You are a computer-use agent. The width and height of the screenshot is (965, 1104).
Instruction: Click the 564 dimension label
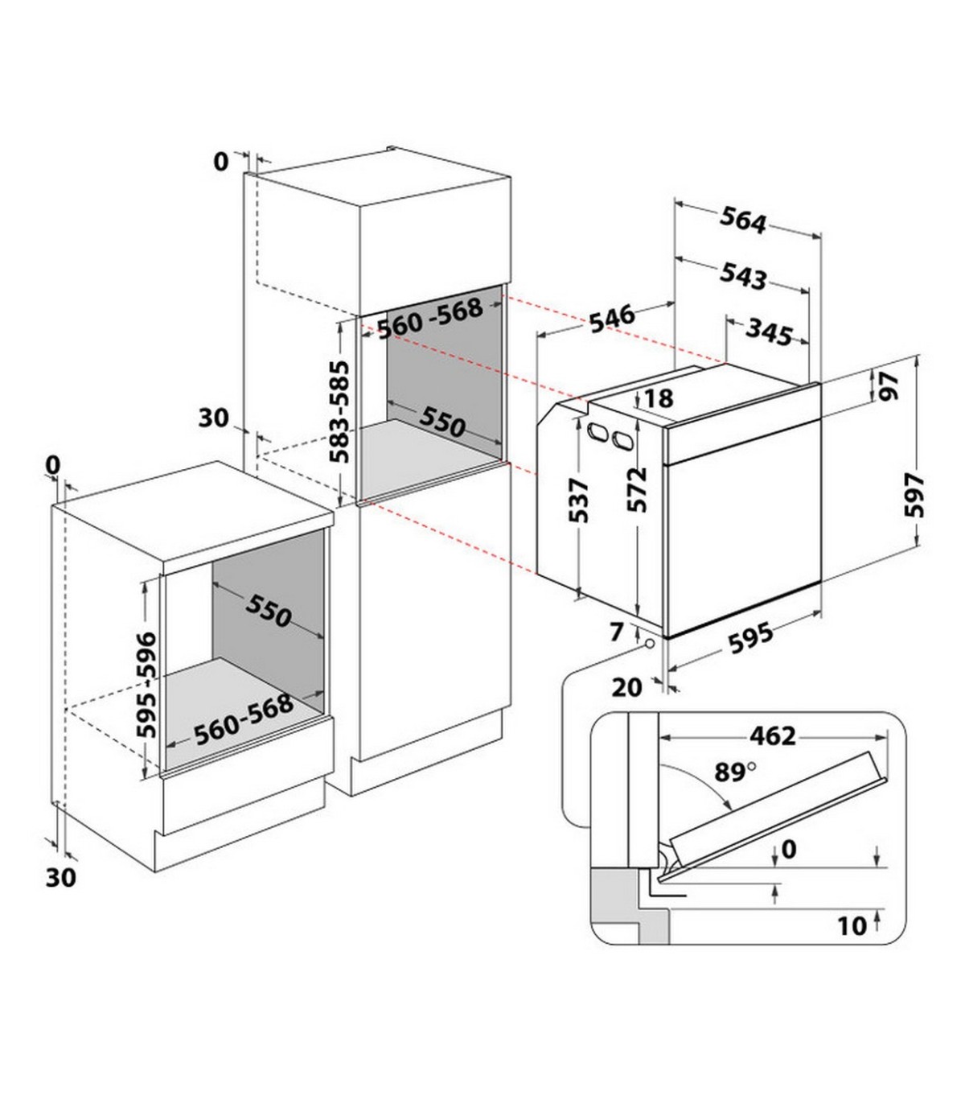tap(743, 220)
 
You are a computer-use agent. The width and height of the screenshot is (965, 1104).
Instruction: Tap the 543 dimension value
tap(743, 276)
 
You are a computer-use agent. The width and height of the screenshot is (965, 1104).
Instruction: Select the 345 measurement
tap(769, 333)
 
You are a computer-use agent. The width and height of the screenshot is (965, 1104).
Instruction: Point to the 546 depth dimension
tap(611, 319)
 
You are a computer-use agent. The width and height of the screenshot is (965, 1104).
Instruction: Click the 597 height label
tap(914, 495)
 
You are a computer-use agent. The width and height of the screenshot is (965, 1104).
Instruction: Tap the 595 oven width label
tap(750, 638)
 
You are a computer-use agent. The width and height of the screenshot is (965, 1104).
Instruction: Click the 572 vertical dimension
tap(637, 489)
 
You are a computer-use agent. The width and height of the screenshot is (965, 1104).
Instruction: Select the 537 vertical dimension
tap(579, 501)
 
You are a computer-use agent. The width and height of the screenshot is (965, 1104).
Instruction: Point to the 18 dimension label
tap(659, 399)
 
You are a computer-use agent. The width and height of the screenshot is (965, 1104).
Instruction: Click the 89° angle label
tap(736, 772)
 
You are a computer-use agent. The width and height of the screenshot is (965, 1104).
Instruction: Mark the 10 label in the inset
tap(852, 926)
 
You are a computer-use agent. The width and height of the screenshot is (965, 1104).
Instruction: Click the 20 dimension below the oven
tap(627, 687)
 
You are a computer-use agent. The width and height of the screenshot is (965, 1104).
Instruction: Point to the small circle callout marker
tap(650, 644)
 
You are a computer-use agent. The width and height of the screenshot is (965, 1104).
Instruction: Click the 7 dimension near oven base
tap(616, 632)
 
